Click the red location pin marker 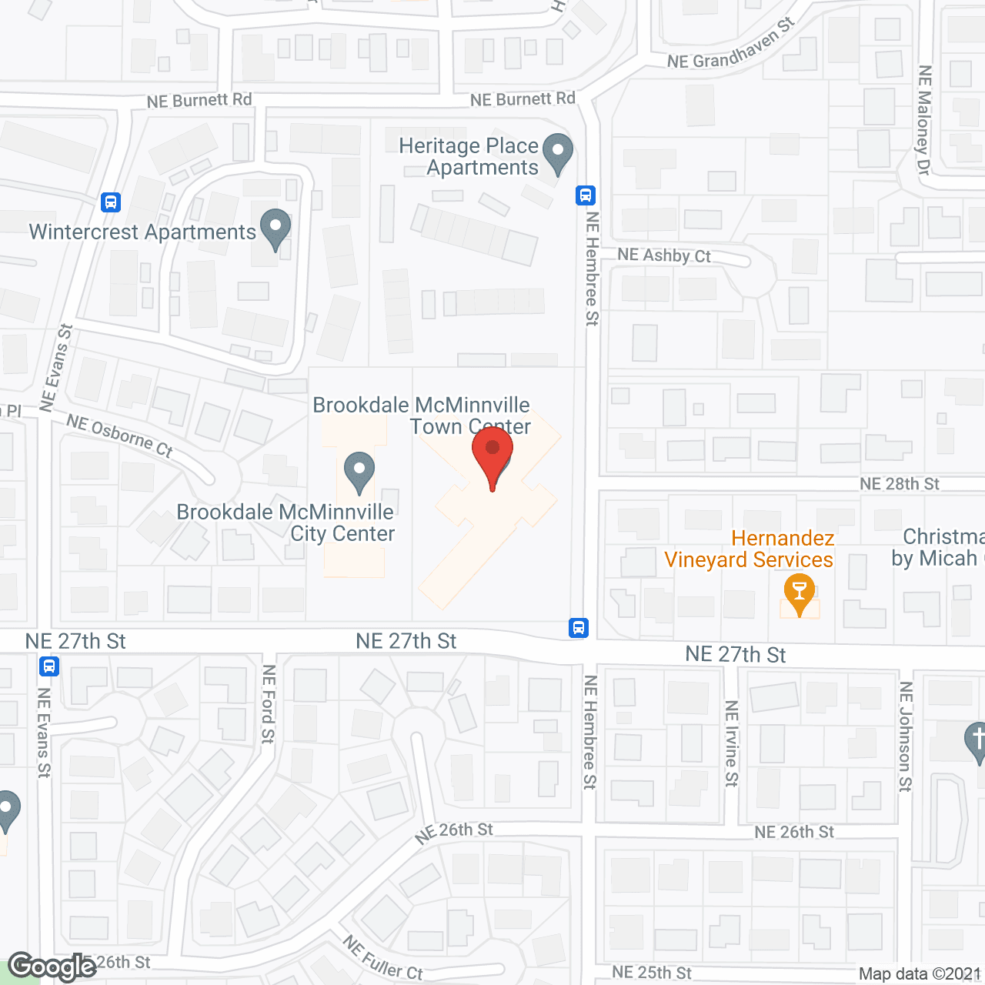pyautogui.click(x=492, y=454)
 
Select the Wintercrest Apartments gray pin pyautogui.click(x=275, y=228)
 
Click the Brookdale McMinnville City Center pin pyautogui.click(x=359, y=471)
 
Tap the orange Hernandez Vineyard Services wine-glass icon pyautogui.click(x=800, y=593)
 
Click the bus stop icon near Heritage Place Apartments pyautogui.click(x=586, y=195)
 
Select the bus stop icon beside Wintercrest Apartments pyautogui.click(x=111, y=202)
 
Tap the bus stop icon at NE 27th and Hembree pyautogui.click(x=579, y=628)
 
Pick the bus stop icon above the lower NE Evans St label pyautogui.click(x=49, y=666)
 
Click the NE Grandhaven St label pyautogui.click(x=731, y=46)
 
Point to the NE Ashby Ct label pyautogui.click(x=664, y=255)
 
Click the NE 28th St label pyautogui.click(x=900, y=484)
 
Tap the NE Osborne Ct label pyautogui.click(x=119, y=436)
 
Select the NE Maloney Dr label pyautogui.click(x=924, y=119)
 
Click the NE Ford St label pyautogui.click(x=268, y=704)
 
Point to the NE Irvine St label pyautogui.click(x=731, y=743)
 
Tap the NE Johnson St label pyautogui.click(x=906, y=736)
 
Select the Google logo pyautogui.click(x=52, y=967)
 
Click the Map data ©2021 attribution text pyautogui.click(x=920, y=974)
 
